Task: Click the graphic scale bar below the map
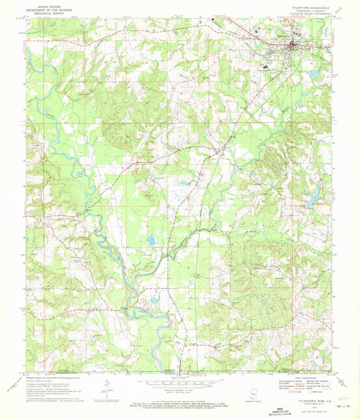click(180, 379)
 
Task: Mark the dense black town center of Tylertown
click(292, 47)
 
